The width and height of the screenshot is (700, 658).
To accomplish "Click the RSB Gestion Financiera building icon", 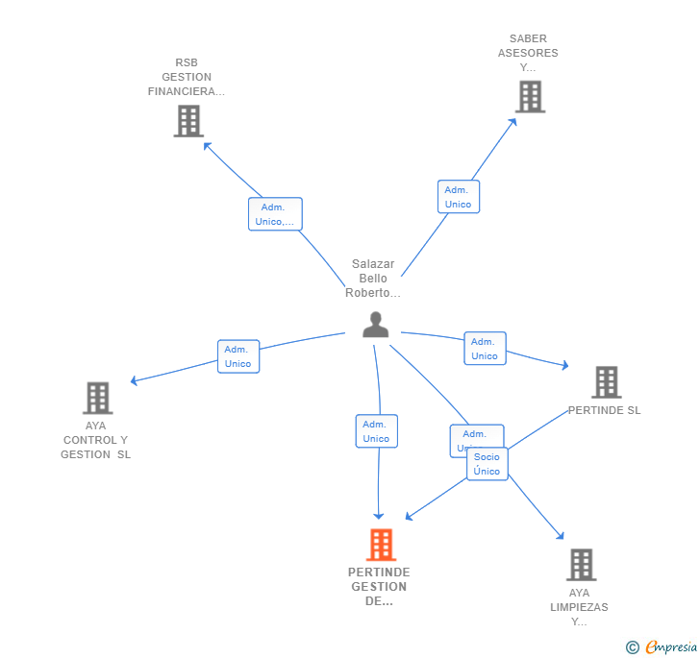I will pyautogui.click(x=188, y=121).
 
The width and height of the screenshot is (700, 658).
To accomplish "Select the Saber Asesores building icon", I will pyautogui.click(x=530, y=97).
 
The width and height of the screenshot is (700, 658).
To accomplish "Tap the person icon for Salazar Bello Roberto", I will pyautogui.click(x=376, y=325).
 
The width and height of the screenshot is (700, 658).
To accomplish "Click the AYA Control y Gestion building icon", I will pyautogui.click(x=97, y=398).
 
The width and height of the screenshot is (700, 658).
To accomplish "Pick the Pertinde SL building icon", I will pyautogui.click(x=606, y=382).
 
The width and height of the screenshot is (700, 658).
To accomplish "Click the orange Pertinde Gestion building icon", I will pyautogui.click(x=381, y=545).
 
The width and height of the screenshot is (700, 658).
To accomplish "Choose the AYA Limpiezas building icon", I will pyautogui.click(x=581, y=565).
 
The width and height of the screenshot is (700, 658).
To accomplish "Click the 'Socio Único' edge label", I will pyautogui.click(x=487, y=464).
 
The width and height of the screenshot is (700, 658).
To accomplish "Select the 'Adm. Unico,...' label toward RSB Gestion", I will pyautogui.click(x=275, y=214).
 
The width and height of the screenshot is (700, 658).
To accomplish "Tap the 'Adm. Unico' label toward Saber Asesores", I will pyautogui.click(x=458, y=197).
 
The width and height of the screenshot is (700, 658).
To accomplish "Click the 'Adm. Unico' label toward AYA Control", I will pyautogui.click(x=237, y=356).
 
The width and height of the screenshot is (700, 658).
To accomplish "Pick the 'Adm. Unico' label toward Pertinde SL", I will pyautogui.click(x=485, y=349).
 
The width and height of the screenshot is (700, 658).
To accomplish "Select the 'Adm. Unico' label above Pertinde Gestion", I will pyautogui.click(x=376, y=431).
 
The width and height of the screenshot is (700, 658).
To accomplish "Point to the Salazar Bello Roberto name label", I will pyautogui.click(x=373, y=279).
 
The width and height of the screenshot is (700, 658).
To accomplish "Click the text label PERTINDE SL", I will pyautogui.click(x=604, y=410).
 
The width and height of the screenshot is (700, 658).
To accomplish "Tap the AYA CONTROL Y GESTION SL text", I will pyautogui.click(x=95, y=440).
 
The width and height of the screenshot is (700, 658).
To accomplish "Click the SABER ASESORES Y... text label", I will pyautogui.click(x=528, y=53).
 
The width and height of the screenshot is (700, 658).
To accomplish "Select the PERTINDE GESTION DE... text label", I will pyautogui.click(x=379, y=586).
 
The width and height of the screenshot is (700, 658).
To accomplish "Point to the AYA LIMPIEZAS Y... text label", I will pyautogui.click(x=579, y=607).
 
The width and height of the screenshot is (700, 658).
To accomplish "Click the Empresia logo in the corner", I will pyautogui.click(x=662, y=647).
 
